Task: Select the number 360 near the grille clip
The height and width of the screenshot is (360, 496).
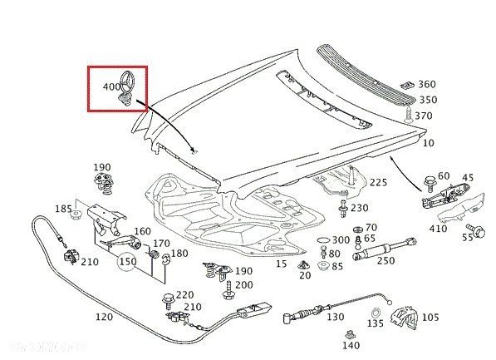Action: tap(426, 84)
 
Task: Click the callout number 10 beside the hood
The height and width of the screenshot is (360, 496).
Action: tap(429, 143)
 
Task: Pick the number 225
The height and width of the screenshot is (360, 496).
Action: tap(378, 182)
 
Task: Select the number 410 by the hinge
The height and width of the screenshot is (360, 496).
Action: tap(438, 229)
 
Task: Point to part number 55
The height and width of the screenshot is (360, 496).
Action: tap(467, 237)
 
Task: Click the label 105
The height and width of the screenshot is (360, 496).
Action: tap(430, 317)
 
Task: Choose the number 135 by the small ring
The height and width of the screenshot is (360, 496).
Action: tap(376, 323)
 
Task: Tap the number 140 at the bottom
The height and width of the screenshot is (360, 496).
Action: tap(351, 345)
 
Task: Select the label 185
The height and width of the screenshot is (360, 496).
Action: tap(63, 209)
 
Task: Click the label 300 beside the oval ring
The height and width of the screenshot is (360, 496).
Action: tap(341, 239)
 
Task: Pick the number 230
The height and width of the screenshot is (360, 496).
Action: tap(358, 208)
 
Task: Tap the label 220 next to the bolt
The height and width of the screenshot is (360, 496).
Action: tap(184, 294)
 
